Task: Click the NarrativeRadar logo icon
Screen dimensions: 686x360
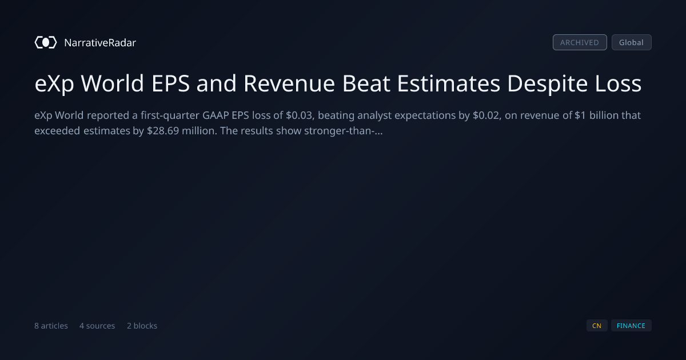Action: (x=46, y=42)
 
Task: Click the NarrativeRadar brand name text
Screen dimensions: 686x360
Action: (x=100, y=42)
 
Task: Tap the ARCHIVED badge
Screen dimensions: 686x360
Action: (x=580, y=42)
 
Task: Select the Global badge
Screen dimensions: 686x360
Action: (x=632, y=42)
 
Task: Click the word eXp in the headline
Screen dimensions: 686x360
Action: (x=54, y=83)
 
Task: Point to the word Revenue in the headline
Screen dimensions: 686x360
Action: (x=289, y=83)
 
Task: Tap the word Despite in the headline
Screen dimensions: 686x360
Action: (x=548, y=83)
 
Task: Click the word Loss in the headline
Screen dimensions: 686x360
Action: (x=618, y=83)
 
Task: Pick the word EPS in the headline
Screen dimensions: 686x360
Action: (x=170, y=83)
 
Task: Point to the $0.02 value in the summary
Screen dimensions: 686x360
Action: (x=487, y=115)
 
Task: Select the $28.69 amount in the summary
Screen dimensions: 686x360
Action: (x=163, y=131)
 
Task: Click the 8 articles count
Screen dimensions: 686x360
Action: (x=51, y=326)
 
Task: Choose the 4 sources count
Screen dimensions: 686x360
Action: (x=97, y=326)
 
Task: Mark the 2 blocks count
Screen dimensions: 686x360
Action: (x=142, y=326)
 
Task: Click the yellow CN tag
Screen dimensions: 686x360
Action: (x=597, y=326)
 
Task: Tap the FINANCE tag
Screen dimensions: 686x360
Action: (x=631, y=326)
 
